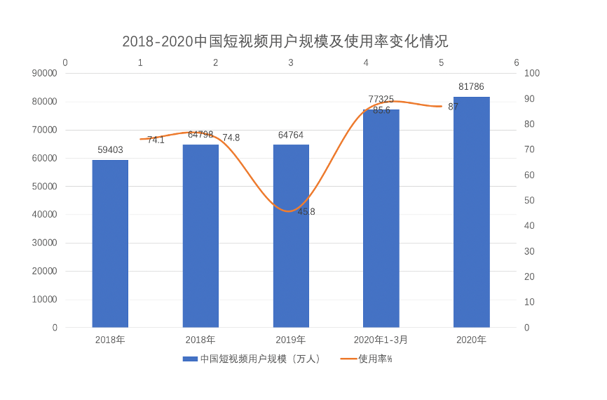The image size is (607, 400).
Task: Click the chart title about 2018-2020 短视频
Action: (x=285, y=41)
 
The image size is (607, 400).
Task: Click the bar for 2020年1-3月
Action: (x=381, y=218)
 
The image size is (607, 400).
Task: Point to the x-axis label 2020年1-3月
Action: (x=381, y=340)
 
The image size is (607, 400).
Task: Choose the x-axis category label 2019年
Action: (x=291, y=340)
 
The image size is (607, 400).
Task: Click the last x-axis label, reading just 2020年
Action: (x=471, y=340)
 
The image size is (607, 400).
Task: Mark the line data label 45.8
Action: (x=306, y=211)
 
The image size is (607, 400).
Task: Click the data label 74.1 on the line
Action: (x=156, y=140)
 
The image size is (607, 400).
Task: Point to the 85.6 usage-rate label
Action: (x=381, y=110)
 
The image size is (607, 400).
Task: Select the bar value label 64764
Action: (x=291, y=135)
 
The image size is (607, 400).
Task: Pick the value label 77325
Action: (x=381, y=100)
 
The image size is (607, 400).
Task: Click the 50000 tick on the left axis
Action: (x=46, y=187)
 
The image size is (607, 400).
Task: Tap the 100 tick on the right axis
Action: (x=531, y=73)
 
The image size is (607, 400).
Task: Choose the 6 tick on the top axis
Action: (x=516, y=62)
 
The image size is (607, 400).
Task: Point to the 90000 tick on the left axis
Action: (x=46, y=73)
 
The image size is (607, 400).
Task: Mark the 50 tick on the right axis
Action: (x=529, y=201)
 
